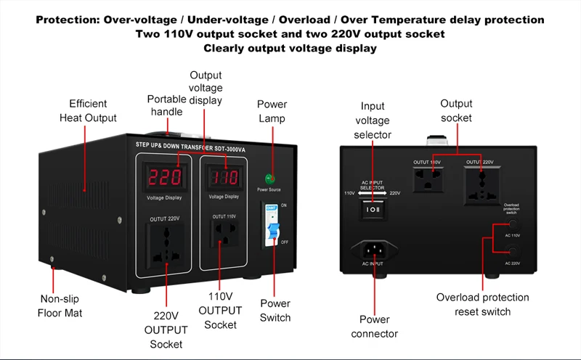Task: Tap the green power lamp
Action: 269,178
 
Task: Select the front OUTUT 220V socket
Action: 166,243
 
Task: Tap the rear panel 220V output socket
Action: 482,183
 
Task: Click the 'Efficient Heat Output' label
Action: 93,110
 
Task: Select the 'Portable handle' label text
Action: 167,105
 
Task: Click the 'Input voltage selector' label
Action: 373,121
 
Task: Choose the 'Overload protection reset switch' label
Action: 483,304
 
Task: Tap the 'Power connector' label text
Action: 374,326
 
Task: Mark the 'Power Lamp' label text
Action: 272,111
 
